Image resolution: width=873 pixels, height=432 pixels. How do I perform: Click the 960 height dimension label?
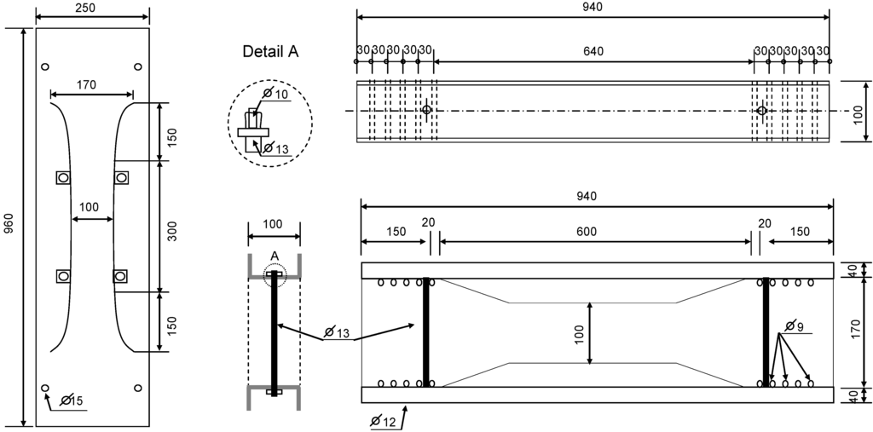click(9, 224)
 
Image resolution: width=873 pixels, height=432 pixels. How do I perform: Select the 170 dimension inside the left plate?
click(86, 84)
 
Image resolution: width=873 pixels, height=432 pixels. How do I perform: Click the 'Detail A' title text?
click(270, 52)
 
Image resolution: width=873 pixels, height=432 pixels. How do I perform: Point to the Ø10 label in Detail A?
click(276, 93)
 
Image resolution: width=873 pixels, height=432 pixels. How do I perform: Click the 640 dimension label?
click(593, 51)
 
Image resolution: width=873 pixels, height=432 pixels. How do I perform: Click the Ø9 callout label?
click(794, 325)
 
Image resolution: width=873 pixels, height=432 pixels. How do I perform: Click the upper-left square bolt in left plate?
click(63, 177)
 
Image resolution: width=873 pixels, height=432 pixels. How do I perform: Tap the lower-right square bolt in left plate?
click(120, 276)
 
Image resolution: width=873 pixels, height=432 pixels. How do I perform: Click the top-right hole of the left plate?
click(138, 66)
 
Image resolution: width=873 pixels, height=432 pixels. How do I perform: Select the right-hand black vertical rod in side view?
click(766, 331)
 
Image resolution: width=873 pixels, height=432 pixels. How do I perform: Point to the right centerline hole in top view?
click(762, 111)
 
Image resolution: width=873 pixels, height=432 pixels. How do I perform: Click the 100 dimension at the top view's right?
click(859, 112)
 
